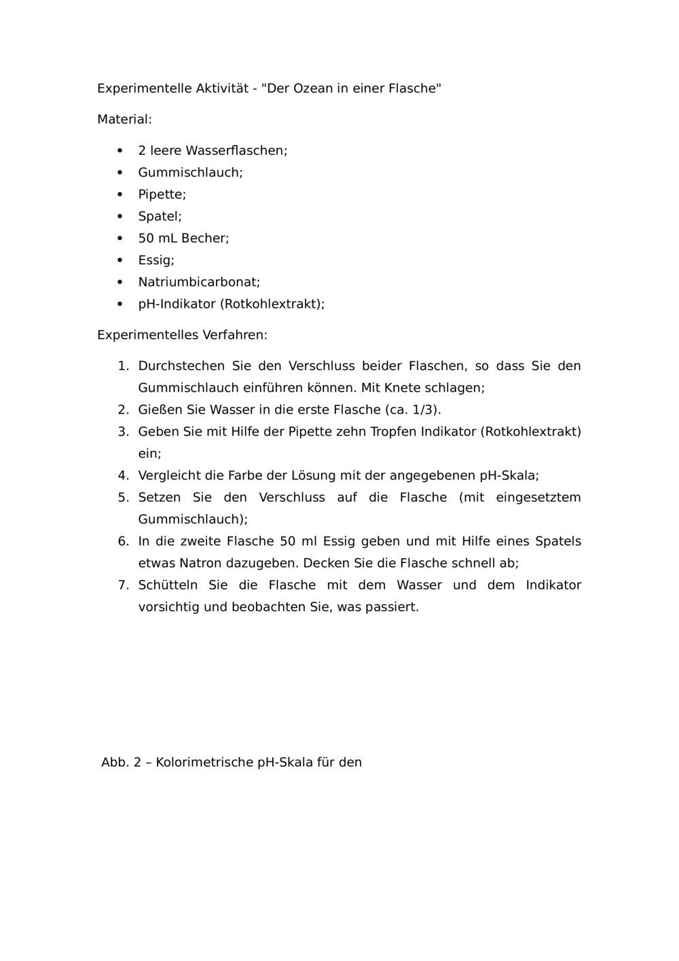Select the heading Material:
pos(124,120)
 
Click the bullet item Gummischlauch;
pos(190,173)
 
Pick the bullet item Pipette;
pos(162,194)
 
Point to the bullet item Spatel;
pos(160,216)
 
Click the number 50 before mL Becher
pos(146,238)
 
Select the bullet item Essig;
pos(156,260)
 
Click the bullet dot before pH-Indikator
pos(121,304)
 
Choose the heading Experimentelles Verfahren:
pos(182,335)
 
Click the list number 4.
pos(123,475)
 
